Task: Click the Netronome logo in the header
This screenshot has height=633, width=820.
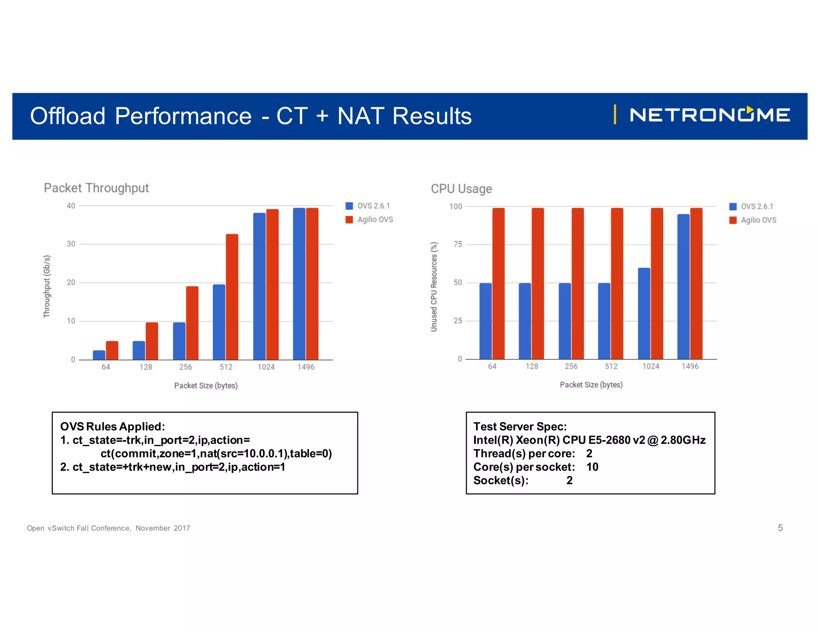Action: pyautogui.click(x=709, y=115)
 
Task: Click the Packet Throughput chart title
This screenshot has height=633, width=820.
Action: pyautogui.click(x=96, y=188)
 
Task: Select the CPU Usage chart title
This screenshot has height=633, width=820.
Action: pyautogui.click(x=461, y=189)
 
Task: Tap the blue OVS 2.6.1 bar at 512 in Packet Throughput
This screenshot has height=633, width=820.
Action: pyautogui.click(x=219, y=322)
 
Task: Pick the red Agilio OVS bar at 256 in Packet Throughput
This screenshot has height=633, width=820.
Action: pyautogui.click(x=192, y=323)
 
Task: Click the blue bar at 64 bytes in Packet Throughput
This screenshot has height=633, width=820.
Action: pyautogui.click(x=99, y=355)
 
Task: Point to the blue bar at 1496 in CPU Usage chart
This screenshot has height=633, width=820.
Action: pyautogui.click(x=683, y=286)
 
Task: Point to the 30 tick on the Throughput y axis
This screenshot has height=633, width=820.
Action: pyautogui.click(x=71, y=244)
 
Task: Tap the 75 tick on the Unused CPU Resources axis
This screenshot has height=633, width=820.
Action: pyautogui.click(x=458, y=244)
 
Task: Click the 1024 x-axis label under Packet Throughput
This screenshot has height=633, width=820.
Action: pyautogui.click(x=266, y=367)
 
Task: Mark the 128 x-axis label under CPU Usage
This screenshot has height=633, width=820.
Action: pyautogui.click(x=532, y=366)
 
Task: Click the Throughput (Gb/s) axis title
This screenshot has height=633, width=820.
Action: pyautogui.click(x=47, y=286)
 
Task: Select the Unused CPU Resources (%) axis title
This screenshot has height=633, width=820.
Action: pyautogui.click(x=434, y=286)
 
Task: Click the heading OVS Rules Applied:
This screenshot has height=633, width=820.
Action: pyautogui.click(x=113, y=427)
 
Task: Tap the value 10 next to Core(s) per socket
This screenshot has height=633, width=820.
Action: pyautogui.click(x=592, y=467)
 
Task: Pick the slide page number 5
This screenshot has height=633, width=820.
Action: pyautogui.click(x=780, y=528)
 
